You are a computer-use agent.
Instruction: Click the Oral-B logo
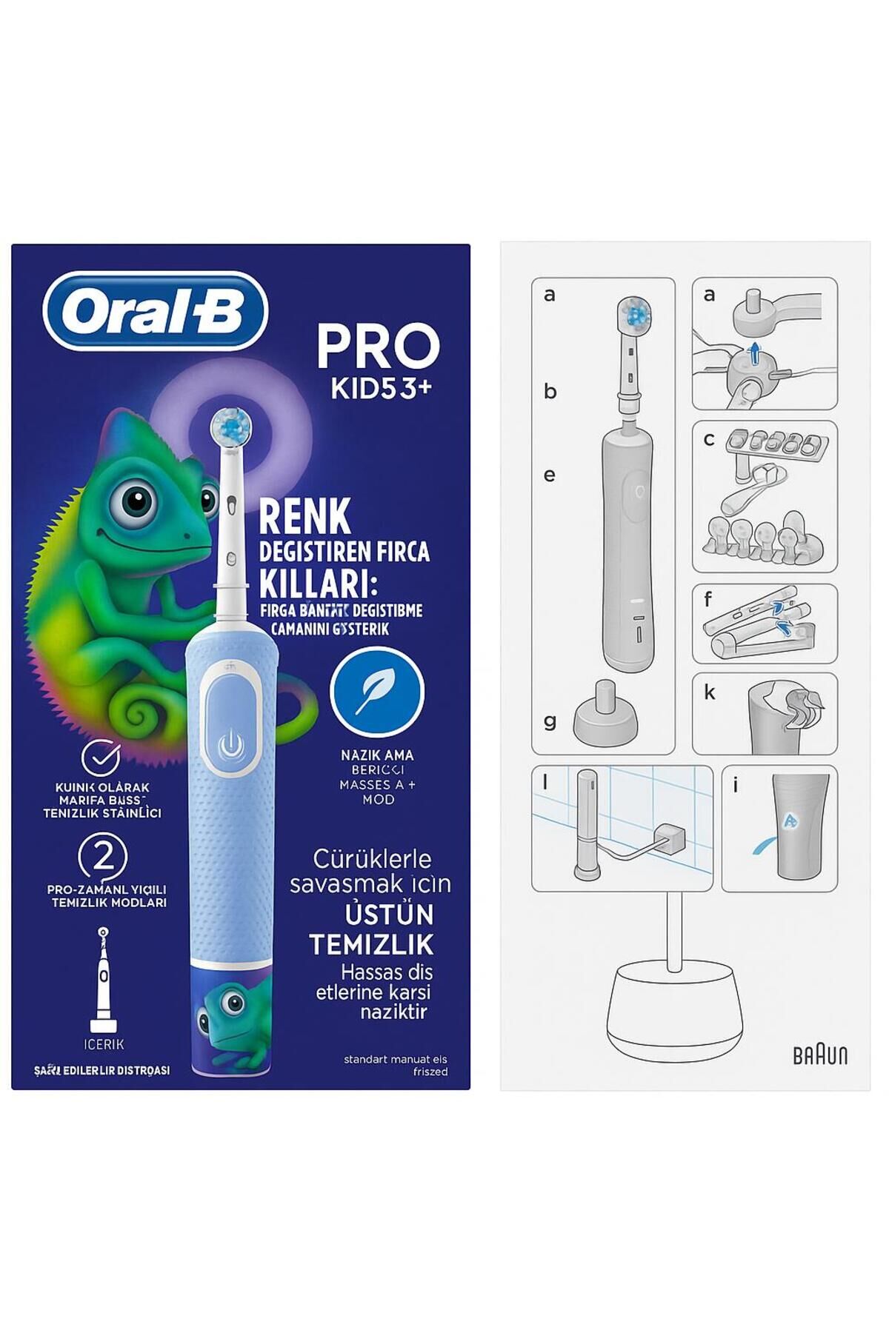pos(155,311)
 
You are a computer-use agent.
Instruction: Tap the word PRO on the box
pos(378,346)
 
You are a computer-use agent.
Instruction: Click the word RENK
pos(304,516)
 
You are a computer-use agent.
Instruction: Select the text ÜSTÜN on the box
pos(389,915)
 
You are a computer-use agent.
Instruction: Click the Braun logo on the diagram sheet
pos(820,1055)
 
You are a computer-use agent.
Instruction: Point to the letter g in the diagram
pos(550,721)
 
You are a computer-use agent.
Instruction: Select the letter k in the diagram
pos(710,693)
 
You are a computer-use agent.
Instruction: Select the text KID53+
pos(381,389)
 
